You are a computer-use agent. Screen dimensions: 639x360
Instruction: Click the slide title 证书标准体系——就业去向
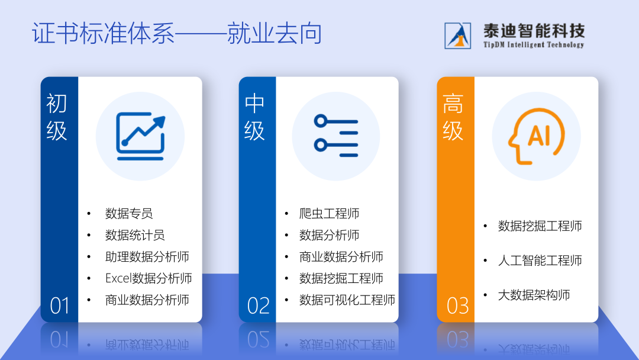click(177, 33)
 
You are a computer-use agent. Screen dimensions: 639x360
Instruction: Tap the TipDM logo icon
click(457, 36)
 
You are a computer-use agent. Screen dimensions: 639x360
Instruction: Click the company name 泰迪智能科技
click(534, 31)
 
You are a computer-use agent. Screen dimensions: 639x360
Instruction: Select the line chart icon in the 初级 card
click(141, 136)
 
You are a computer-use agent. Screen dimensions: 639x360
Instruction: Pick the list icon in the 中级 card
click(336, 136)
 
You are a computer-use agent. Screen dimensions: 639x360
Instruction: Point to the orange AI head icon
click(536, 136)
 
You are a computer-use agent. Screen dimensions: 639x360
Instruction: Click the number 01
click(60, 306)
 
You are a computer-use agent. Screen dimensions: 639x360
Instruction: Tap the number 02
click(258, 306)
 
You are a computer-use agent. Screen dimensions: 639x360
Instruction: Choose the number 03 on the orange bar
click(457, 306)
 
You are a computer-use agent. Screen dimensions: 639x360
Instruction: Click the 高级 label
click(453, 117)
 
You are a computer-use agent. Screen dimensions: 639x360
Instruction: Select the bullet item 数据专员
click(129, 213)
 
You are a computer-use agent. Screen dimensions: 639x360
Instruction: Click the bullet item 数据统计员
click(135, 235)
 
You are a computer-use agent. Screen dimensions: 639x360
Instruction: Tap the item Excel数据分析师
click(149, 278)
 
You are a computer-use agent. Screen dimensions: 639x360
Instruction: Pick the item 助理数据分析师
click(147, 256)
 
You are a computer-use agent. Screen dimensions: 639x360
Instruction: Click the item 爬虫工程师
click(330, 213)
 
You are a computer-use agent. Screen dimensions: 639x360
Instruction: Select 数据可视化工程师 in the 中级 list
click(347, 300)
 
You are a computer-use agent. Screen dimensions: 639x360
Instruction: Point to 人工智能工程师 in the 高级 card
click(540, 260)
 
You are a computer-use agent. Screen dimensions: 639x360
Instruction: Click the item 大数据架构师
click(534, 295)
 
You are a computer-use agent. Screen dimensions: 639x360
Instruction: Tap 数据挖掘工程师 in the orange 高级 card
click(540, 226)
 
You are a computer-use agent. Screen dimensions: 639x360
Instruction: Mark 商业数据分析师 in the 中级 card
click(341, 256)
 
